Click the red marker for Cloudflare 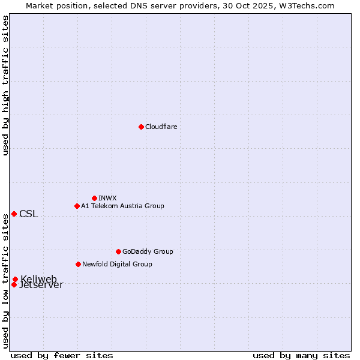click(x=141, y=127)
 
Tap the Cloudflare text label click(x=161, y=127)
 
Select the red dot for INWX click(x=94, y=198)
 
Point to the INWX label click(x=107, y=198)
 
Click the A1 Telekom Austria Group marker click(x=77, y=206)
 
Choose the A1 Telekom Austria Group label click(x=122, y=206)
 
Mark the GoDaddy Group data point click(x=118, y=251)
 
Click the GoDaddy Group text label click(x=148, y=251)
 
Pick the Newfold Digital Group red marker click(x=78, y=264)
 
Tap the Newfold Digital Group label click(x=117, y=264)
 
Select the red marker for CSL click(x=14, y=214)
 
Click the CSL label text click(x=28, y=214)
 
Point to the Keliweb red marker click(x=15, y=279)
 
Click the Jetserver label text click(x=41, y=286)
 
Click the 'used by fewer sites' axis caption click(x=62, y=355)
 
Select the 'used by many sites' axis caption click(x=301, y=355)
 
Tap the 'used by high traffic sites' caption click(x=5, y=86)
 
